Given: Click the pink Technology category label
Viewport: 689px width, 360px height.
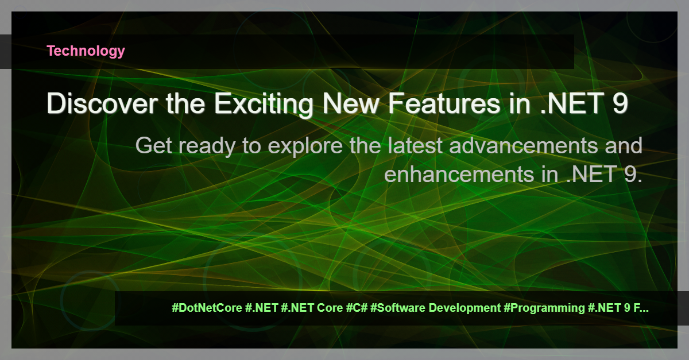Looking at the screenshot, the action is tap(86, 51).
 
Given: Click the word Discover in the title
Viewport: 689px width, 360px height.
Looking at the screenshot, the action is tap(102, 103).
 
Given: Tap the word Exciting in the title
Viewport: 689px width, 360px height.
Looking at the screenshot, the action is tap(264, 104).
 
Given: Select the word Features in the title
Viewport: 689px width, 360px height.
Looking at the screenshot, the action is tap(444, 103).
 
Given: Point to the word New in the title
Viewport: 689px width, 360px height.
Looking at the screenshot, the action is tap(351, 103).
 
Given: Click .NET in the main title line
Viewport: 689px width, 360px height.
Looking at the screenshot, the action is tap(572, 103).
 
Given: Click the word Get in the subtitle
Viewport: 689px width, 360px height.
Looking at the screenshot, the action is tap(153, 145).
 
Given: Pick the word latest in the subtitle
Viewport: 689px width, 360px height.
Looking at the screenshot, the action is tap(415, 145).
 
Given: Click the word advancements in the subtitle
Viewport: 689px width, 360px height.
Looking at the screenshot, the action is tap(524, 145).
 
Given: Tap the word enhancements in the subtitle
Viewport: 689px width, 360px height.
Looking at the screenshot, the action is tap(458, 174).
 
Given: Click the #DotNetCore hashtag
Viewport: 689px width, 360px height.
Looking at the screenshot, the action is tap(207, 308).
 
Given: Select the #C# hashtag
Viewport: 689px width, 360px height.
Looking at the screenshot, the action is tap(357, 308).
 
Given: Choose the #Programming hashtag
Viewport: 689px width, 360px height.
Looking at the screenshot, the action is tap(544, 308).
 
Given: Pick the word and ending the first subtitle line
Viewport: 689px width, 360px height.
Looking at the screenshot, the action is tap(624, 145).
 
